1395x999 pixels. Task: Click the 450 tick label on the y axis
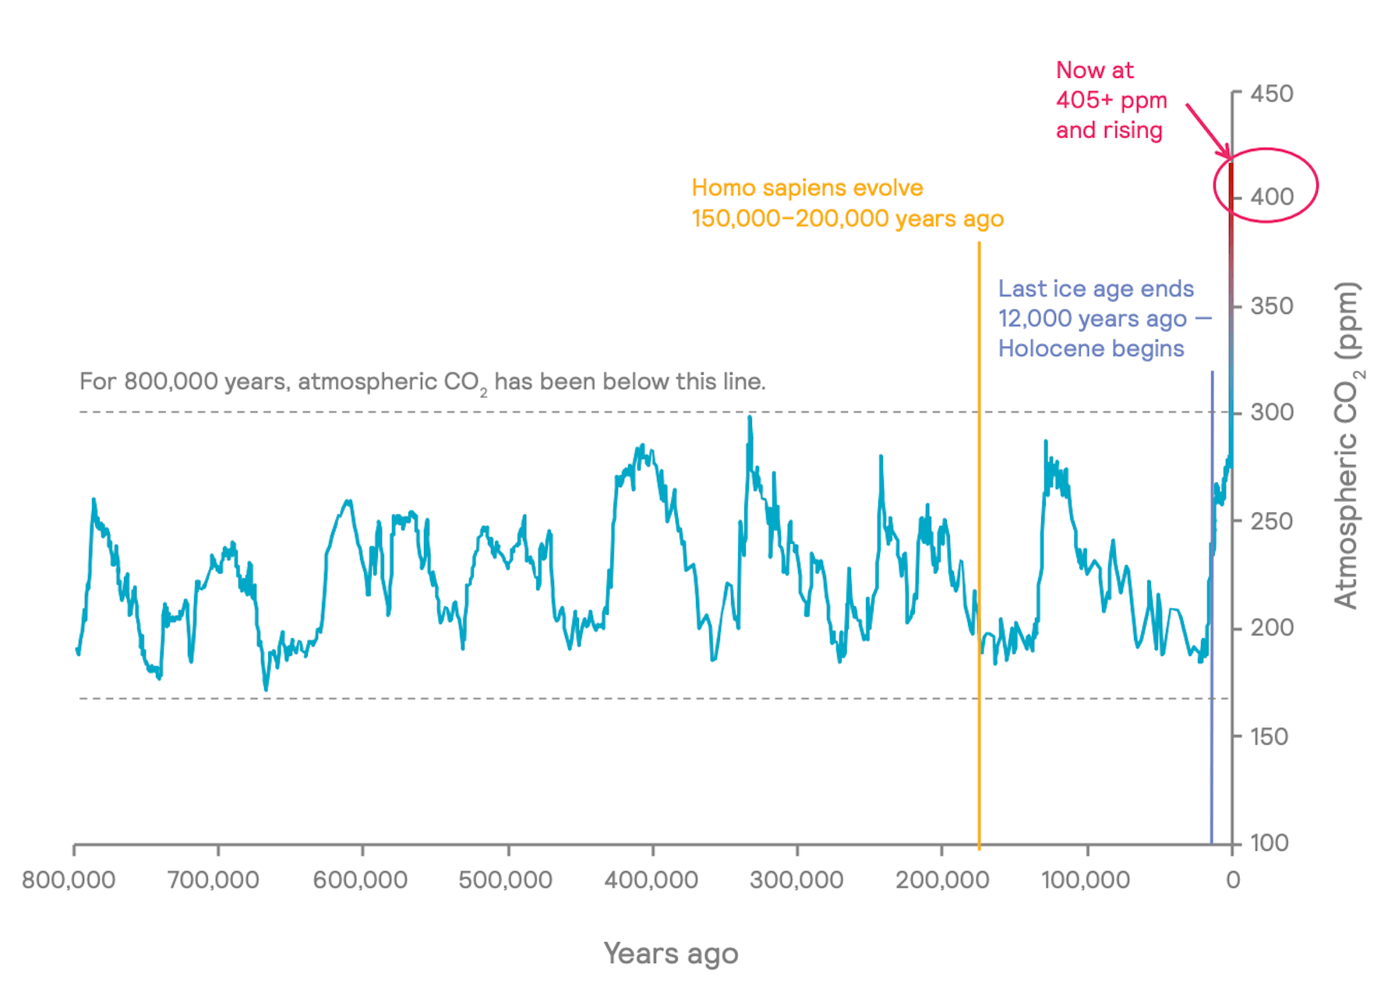[1272, 94]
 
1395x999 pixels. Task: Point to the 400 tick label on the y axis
[1272, 196]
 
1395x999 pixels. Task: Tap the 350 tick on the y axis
[1272, 305]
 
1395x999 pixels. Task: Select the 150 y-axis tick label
[1270, 736]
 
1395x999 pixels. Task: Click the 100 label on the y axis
[1270, 842]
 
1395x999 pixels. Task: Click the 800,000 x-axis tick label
[69, 880]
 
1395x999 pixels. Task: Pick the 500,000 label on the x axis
[505, 880]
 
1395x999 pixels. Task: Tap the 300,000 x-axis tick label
[796, 880]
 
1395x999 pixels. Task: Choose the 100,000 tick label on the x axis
[1086, 880]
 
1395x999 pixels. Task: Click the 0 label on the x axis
[1233, 880]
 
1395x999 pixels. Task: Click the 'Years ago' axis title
[671, 954]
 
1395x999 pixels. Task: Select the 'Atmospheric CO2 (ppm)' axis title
[1347, 445]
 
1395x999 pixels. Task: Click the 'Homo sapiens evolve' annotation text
[807, 188]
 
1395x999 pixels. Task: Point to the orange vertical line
[979, 544]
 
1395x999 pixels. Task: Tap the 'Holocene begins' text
[1091, 348]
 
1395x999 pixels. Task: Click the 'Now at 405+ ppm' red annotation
[1111, 85]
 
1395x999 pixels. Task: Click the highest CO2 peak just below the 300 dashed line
[750, 418]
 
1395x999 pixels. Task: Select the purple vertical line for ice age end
[1212, 608]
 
